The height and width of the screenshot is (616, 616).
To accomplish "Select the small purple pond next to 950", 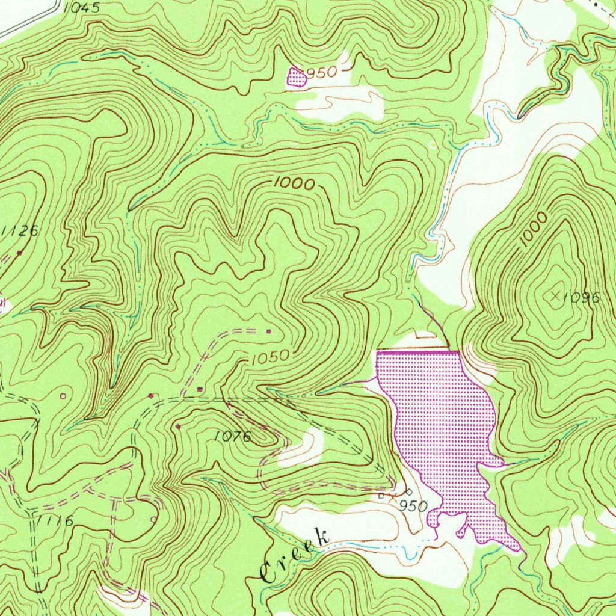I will [295, 78].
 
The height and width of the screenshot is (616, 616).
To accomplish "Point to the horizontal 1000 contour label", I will [294, 183].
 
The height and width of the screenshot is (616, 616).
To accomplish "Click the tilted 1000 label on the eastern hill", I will [534, 229].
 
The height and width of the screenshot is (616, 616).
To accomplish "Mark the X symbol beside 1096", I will [555, 295].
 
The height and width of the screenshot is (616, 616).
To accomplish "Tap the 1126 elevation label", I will [20, 230].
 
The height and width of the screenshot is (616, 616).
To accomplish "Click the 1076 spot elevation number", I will [233, 437].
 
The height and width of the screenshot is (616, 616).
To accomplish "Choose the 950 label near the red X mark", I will [413, 505].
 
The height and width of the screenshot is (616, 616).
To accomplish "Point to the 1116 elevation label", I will [55, 521].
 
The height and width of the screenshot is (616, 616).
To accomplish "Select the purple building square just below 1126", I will [20, 253].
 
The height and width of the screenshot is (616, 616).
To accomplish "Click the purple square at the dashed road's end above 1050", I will [268, 331].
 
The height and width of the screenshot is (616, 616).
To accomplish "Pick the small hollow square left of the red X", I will [381, 496].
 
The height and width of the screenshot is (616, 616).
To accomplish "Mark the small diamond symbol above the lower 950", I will [410, 491].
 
